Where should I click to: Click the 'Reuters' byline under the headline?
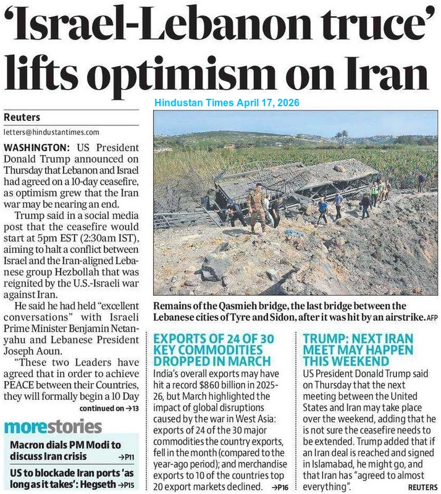click(20, 117)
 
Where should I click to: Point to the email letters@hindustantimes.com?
click(51, 132)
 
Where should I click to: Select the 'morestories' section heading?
click(53, 427)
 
